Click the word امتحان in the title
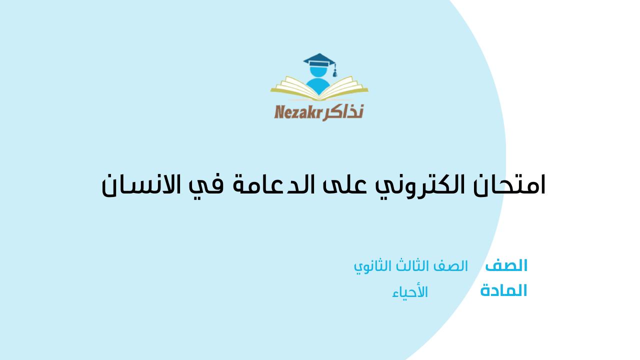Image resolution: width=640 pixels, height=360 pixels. (x=509, y=184)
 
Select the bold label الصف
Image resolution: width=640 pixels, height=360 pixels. (x=506, y=265)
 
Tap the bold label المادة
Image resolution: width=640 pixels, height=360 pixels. (x=503, y=290)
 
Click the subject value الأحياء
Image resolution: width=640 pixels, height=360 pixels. (x=410, y=292)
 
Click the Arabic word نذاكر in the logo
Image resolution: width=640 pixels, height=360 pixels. (x=343, y=112)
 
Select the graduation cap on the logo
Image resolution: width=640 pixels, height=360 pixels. (x=319, y=60)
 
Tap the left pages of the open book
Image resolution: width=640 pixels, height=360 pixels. (x=294, y=87)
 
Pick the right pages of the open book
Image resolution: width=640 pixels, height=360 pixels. (x=344, y=87)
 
